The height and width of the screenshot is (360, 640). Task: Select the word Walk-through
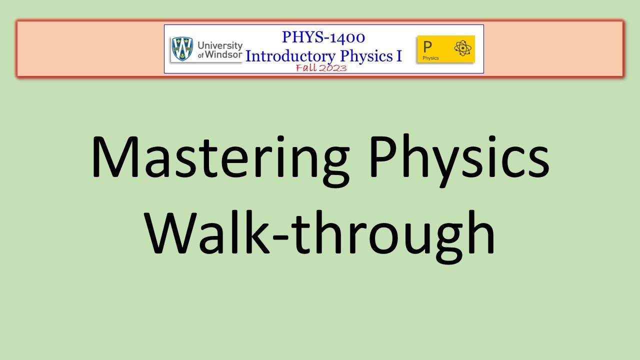click(320, 231)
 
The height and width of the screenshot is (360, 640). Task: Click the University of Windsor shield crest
click(181, 48)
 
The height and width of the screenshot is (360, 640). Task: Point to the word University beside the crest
click(220, 45)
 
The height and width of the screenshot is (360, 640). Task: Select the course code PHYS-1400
click(323, 37)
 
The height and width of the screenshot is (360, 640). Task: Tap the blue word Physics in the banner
click(370, 55)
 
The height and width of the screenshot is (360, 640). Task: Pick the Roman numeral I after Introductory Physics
click(399, 55)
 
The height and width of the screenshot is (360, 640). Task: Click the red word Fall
click(306, 68)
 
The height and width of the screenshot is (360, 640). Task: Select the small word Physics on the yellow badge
click(430, 58)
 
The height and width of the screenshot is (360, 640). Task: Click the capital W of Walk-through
click(172, 231)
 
